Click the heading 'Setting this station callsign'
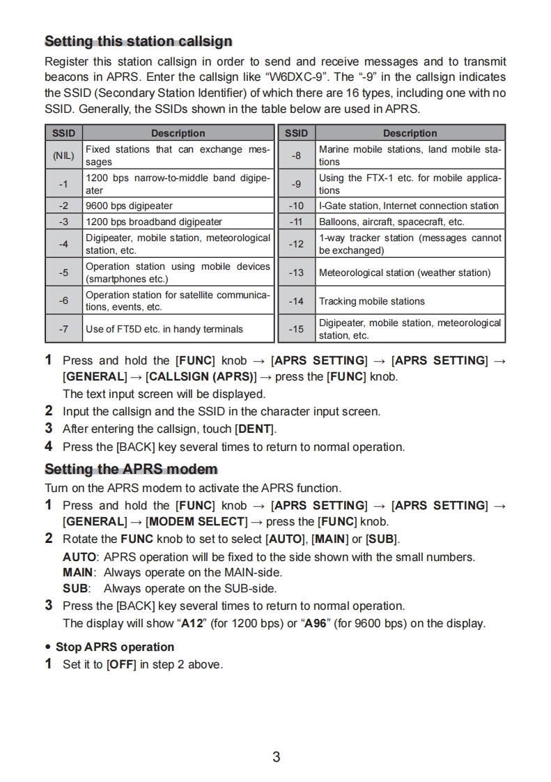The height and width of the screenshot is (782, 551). point(138,41)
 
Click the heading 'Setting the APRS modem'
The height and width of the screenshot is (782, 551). point(131,469)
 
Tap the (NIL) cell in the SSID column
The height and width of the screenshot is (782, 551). point(63,155)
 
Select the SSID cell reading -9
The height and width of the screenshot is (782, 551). point(296,184)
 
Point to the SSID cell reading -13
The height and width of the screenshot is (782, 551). point(296,273)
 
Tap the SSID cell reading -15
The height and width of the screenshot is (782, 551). point(296,329)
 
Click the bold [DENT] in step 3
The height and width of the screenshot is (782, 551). point(255,429)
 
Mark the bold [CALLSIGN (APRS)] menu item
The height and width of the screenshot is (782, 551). point(201,377)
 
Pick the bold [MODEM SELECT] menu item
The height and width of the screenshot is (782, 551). point(197,521)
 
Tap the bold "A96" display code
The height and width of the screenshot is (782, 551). point(317,623)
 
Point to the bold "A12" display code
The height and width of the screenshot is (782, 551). point(192,623)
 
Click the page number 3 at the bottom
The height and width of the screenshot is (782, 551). point(276,757)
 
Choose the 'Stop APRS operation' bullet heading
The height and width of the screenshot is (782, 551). point(115,647)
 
